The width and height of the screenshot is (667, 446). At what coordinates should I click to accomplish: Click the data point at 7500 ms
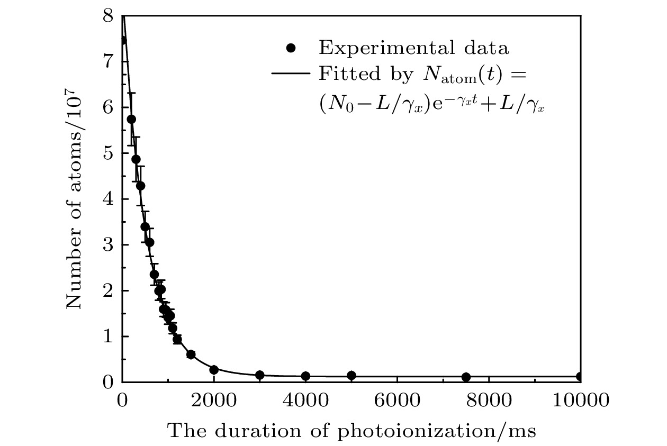[x=466, y=377]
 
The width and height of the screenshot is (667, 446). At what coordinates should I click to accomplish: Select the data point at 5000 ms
[x=351, y=376]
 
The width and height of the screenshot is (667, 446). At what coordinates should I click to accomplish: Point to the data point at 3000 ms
[x=259, y=375]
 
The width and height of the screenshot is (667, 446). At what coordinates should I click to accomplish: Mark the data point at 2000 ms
[x=214, y=370]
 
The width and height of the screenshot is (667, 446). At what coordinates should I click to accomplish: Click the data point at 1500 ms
[x=191, y=354]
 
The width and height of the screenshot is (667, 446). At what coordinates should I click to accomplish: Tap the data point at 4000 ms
[x=305, y=376]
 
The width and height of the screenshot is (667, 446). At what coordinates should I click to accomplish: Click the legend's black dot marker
[x=290, y=49]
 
